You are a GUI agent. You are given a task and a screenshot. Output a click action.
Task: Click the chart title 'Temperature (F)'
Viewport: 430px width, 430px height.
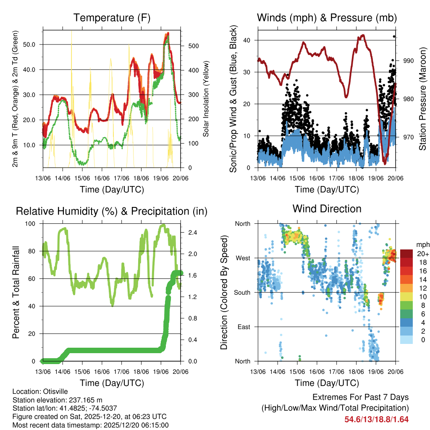point(112,18)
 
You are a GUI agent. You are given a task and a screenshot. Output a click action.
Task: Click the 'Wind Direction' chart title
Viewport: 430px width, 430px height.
point(327,208)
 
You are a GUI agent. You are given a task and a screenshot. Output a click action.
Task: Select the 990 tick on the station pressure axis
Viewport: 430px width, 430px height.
point(408,61)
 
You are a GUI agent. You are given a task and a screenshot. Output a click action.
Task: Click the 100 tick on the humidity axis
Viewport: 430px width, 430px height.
point(31,224)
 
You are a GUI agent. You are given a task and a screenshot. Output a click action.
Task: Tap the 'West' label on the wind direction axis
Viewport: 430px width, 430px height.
point(243,258)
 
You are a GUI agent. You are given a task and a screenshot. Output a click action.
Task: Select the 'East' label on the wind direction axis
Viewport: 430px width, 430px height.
point(243,327)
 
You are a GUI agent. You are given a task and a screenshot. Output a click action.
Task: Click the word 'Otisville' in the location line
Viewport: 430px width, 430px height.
point(55,392)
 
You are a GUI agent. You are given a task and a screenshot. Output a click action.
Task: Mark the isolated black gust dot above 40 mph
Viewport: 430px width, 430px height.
point(394,37)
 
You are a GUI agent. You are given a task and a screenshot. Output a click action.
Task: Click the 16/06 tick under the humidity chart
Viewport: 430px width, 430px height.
point(102,371)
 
